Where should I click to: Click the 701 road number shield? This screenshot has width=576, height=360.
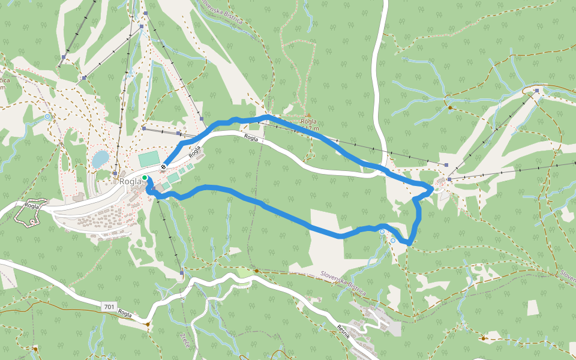pyautogui.click(x=109, y=307)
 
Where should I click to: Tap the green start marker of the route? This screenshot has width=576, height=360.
pyautogui.click(x=145, y=178)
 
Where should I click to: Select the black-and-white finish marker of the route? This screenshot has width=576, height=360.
pyautogui.click(x=163, y=166)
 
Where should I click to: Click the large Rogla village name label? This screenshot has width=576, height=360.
pyautogui.click(x=130, y=181)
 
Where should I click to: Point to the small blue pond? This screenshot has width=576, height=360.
pyautogui.click(x=100, y=159)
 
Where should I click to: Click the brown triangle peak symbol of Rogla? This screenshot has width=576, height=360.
pyautogui.click(x=309, y=115)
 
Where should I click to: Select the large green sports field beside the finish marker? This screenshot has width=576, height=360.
pyautogui.click(x=149, y=160)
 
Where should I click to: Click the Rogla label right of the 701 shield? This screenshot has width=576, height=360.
pyautogui.click(x=125, y=313)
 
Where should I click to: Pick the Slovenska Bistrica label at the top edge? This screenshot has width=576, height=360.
pyautogui.click(x=223, y=11)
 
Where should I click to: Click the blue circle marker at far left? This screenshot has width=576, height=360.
pyautogui.click(x=47, y=117)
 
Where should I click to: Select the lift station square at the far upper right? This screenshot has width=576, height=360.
pyautogui.click(x=537, y=91)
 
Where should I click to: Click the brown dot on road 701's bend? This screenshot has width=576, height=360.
pyautogui.click(x=148, y=324)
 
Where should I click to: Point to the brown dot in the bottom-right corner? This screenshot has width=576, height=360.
pyautogui.click(x=484, y=338)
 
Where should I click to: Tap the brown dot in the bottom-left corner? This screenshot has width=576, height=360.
pyautogui.click(x=35, y=349)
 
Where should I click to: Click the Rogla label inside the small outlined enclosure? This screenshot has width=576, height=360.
pyautogui.click(x=32, y=205)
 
